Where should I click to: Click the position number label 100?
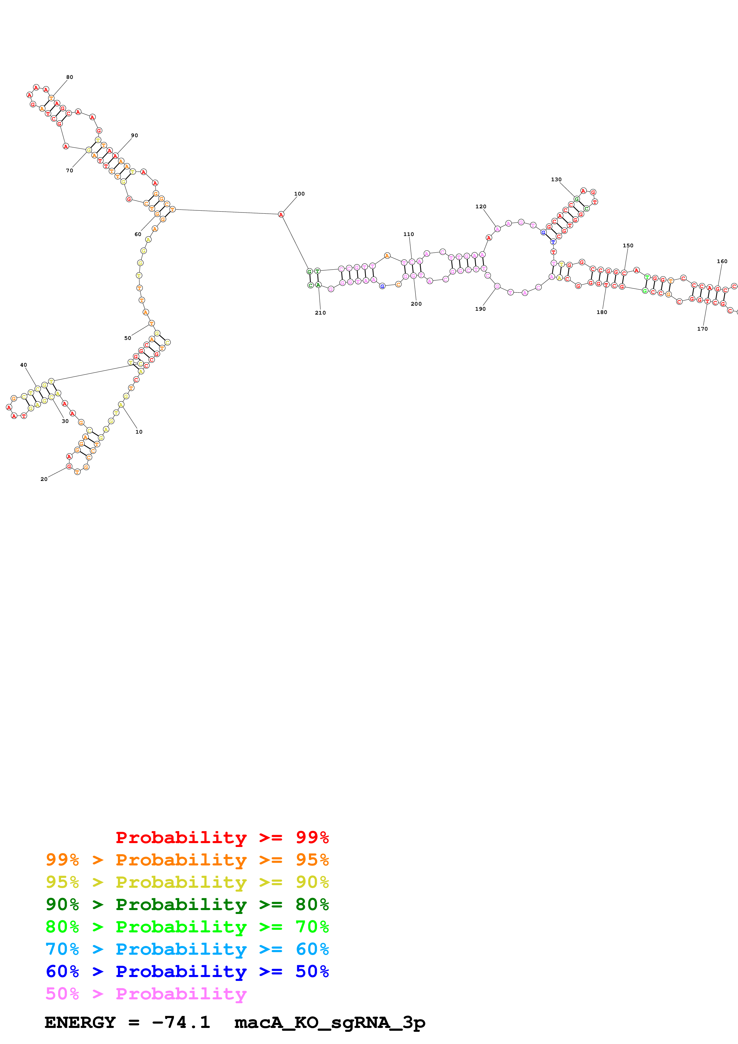299,194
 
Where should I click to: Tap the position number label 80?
70,77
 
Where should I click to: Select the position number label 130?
556,180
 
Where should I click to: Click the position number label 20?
44,479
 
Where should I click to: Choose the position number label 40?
24,365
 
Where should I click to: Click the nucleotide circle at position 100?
281,214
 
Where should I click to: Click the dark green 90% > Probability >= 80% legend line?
187,904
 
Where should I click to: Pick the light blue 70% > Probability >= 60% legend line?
187,949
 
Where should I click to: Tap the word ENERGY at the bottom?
80,1022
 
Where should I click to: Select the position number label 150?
628,246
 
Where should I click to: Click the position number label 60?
138,234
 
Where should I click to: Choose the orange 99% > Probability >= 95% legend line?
187,860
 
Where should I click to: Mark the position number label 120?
480,207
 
